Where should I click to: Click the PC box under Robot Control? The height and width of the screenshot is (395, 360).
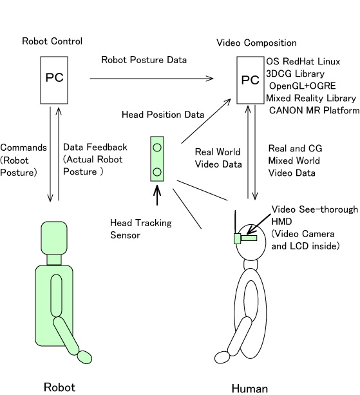54,80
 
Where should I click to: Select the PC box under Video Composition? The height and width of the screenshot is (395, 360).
251,80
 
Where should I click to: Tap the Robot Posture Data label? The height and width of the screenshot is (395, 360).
144,60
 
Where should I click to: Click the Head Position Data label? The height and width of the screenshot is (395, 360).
163,115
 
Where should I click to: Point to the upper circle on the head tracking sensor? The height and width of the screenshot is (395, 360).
157,148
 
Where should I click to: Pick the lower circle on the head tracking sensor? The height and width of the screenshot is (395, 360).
157,172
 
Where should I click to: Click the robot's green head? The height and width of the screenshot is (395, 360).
54,238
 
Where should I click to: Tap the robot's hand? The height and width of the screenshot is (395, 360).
84,357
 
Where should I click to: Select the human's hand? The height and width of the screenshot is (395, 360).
223,358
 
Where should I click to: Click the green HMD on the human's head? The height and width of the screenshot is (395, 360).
245,238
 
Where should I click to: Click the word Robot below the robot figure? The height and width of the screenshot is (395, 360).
59,387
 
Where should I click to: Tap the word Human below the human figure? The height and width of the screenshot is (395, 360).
249,389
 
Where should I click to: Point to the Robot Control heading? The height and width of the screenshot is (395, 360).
52,41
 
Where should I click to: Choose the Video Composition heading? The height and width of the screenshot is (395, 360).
256,43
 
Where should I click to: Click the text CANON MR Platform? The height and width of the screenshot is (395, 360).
314,110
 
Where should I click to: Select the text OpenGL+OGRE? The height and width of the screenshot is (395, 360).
302,86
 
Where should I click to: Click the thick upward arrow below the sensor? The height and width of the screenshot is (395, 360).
157,195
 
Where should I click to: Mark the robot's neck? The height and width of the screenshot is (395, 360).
54,260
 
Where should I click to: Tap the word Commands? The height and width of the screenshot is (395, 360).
23,148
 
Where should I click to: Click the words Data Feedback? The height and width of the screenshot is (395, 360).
95,147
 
